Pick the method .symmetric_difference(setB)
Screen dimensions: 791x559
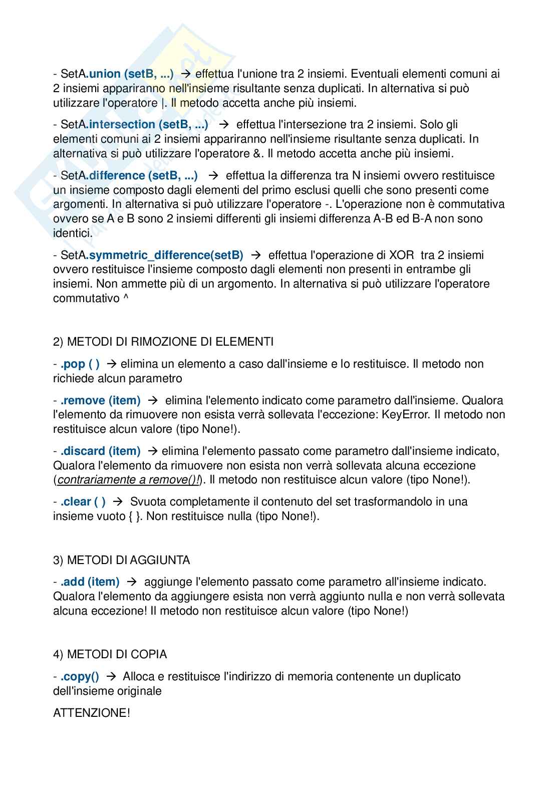coord(165,255)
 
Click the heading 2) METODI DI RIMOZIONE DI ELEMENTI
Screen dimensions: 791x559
coord(163,342)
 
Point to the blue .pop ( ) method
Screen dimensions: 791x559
coord(80,364)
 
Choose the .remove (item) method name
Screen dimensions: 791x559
coord(100,401)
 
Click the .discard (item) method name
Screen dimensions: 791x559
coord(100,451)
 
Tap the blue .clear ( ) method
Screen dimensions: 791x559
coord(83,502)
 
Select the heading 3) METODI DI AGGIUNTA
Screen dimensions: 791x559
coord(122,560)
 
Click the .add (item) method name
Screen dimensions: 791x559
coord(90,582)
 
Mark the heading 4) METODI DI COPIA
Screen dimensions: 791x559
coord(110,655)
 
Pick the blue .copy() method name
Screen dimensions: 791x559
coord(80,677)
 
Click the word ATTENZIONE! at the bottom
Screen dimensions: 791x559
coord(92,713)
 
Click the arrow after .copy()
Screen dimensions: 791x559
coord(112,677)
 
